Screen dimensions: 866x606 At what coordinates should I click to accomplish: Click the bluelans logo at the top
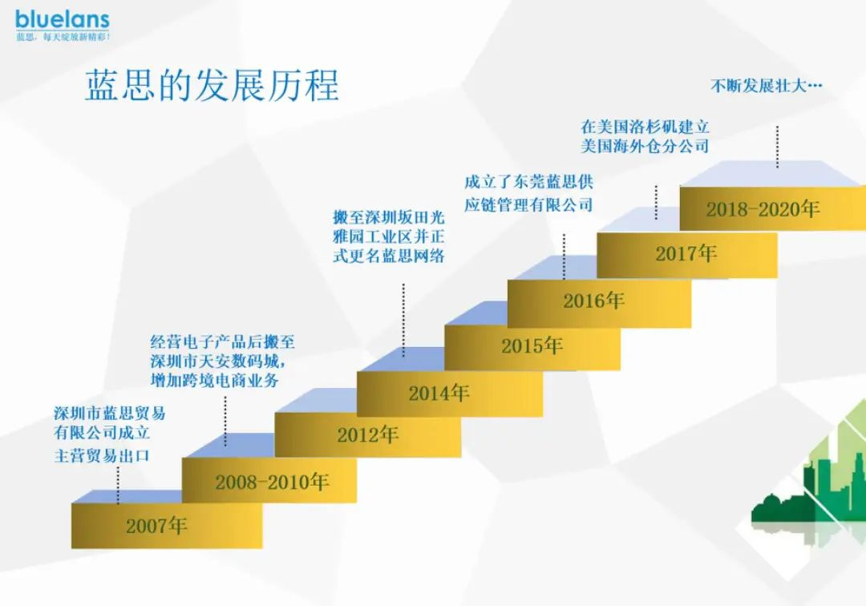[x=63, y=20]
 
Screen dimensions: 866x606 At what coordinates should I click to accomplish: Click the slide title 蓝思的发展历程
[x=212, y=86]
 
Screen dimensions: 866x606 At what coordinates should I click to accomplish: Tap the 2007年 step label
[x=156, y=525]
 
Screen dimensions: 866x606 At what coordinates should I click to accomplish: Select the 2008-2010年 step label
[x=272, y=482]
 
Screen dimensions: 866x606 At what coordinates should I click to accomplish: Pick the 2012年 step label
[x=368, y=435]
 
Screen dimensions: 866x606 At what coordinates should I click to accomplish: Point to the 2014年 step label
[x=439, y=393]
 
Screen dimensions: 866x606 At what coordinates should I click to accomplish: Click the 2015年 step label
[x=532, y=346]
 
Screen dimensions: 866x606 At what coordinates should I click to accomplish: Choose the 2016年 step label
[x=593, y=301]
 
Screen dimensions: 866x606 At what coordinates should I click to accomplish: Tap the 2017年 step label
[x=686, y=254]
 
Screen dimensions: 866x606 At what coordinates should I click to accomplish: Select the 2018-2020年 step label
[x=763, y=209]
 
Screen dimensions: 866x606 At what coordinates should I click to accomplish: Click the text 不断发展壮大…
[x=766, y=86]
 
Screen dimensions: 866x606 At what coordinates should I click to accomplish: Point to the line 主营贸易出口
[x=102, y=456]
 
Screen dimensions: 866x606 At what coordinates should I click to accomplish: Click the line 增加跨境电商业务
[x=214, y=380]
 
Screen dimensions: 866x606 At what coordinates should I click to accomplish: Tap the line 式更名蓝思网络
[x=388, y=256]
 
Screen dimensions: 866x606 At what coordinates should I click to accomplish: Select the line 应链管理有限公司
[x=528, y=204]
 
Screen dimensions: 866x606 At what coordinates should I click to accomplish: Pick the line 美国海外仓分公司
[x=645, y=146]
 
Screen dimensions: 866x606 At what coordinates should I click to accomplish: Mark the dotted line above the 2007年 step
[x=118, y=485]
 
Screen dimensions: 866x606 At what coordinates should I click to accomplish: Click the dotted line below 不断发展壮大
[x=777, y=147]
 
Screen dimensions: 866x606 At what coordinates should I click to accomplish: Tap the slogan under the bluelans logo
[x=63, y=37]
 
